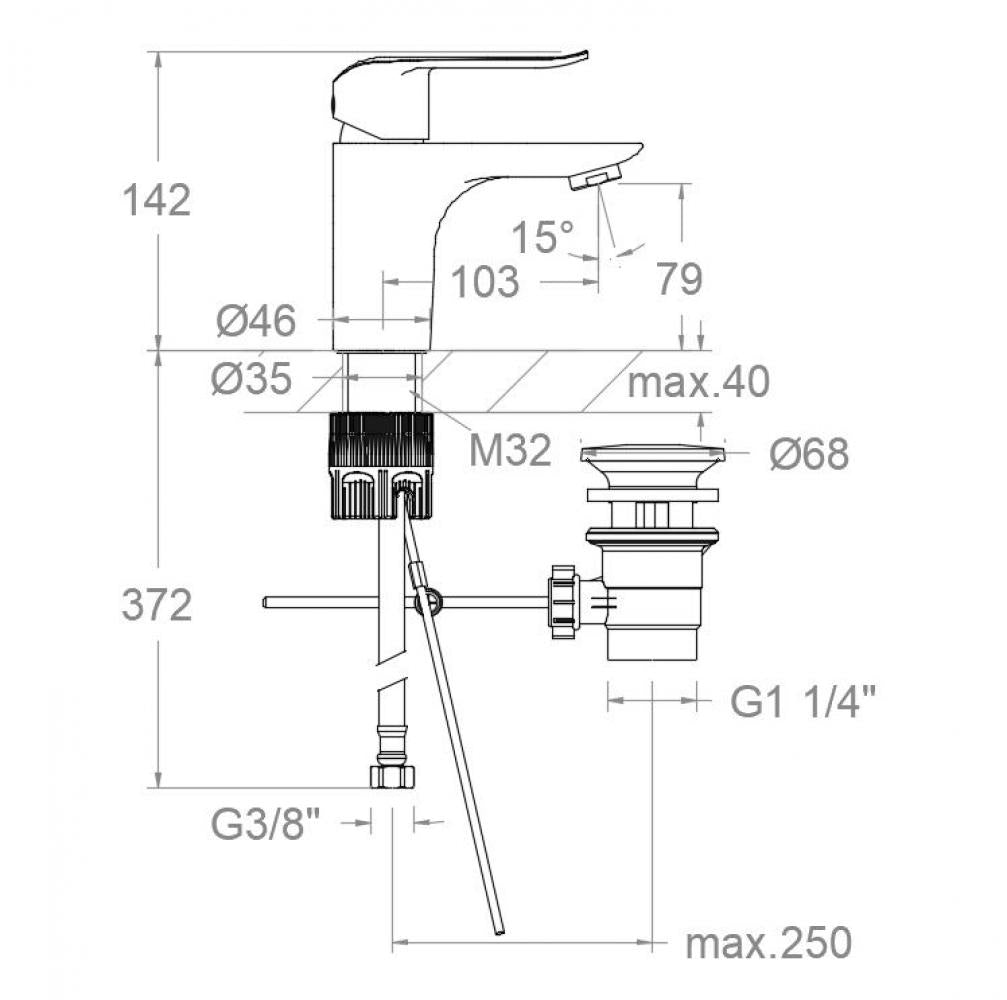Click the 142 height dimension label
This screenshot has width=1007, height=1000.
coord(156,200)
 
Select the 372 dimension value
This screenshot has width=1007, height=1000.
coord(156,605)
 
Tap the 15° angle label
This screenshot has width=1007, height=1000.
coord(543,237)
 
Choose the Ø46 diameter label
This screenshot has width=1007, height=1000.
coord(256,321)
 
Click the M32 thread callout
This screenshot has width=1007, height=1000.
coord(510,451)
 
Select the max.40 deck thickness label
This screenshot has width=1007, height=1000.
coord(698,381)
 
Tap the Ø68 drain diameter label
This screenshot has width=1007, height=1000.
coord(809,455)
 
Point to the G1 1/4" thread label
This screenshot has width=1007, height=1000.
coord(803,703)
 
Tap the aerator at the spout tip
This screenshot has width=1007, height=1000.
coord(592,179)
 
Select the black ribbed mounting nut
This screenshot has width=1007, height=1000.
coord(381,465)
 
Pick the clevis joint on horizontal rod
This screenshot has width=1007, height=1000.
coord(428,601)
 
